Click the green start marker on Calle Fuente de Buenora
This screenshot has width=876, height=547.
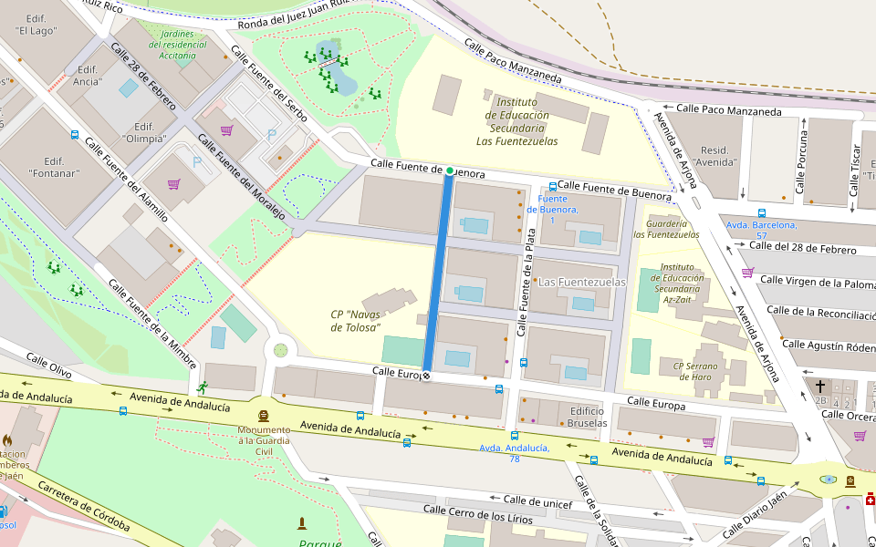tap(450, 170)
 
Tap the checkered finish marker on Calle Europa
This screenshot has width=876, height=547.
tap(426, 377)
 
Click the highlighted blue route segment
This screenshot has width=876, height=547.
tap(438, 273)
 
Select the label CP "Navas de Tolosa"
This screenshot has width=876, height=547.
tap(355, 321)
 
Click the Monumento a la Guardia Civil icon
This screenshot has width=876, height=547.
tap(264, 415)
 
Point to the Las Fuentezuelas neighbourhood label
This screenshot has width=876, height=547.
tap(582, 283)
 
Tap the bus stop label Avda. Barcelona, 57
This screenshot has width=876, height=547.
tap(762, 230)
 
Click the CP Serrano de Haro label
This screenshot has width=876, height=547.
tap(692, 372)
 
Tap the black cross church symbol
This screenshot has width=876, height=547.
tap(819, 387)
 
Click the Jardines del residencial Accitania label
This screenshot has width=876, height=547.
tap(183, 44)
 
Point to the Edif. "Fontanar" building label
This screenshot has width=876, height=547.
tap(57, 165)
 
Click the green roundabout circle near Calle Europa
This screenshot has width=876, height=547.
tap(280, 350)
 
